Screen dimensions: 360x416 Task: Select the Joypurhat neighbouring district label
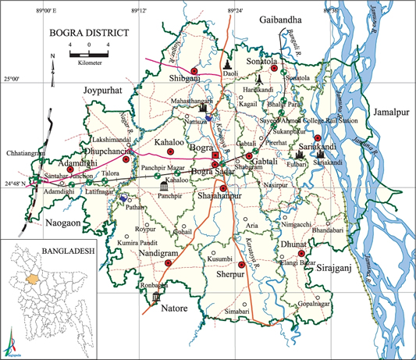coord(105,91)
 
